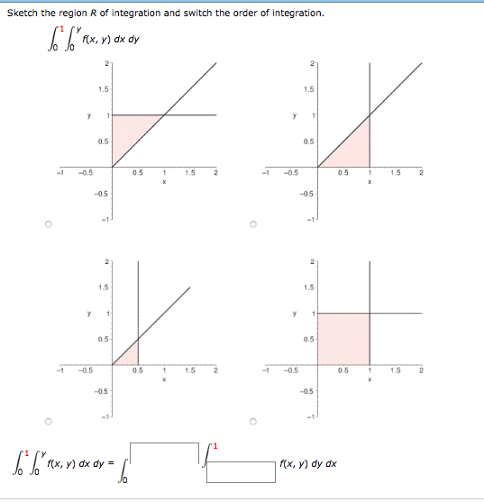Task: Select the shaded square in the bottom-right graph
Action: coord(342,338)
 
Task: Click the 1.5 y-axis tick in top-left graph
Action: coord(104,89)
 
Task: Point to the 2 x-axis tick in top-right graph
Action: coord(420,173)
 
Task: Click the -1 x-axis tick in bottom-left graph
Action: coord(60,370)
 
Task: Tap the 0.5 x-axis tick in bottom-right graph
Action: coord(342,370)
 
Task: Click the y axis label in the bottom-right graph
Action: coord(294,315)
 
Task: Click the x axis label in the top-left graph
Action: coord(164,180)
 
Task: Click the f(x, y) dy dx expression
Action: coord(308,463)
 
